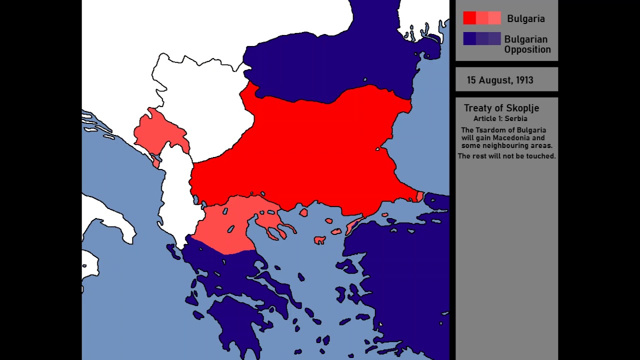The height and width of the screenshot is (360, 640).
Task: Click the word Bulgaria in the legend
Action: [x=525, y=19]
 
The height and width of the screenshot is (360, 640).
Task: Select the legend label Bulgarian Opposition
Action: [x=527, y=44]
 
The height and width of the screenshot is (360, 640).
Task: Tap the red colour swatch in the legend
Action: [x=481, y=18]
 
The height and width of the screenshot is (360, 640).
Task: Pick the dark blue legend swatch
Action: [x=481, y=39]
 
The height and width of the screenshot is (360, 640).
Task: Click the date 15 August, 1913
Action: [x=499, y=80]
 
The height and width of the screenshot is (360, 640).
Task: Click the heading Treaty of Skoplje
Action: [x=501, y=108]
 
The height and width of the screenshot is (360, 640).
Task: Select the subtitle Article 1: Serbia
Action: [x=500, y=119]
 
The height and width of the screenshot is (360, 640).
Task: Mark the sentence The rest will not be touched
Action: [x=506, y=156]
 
